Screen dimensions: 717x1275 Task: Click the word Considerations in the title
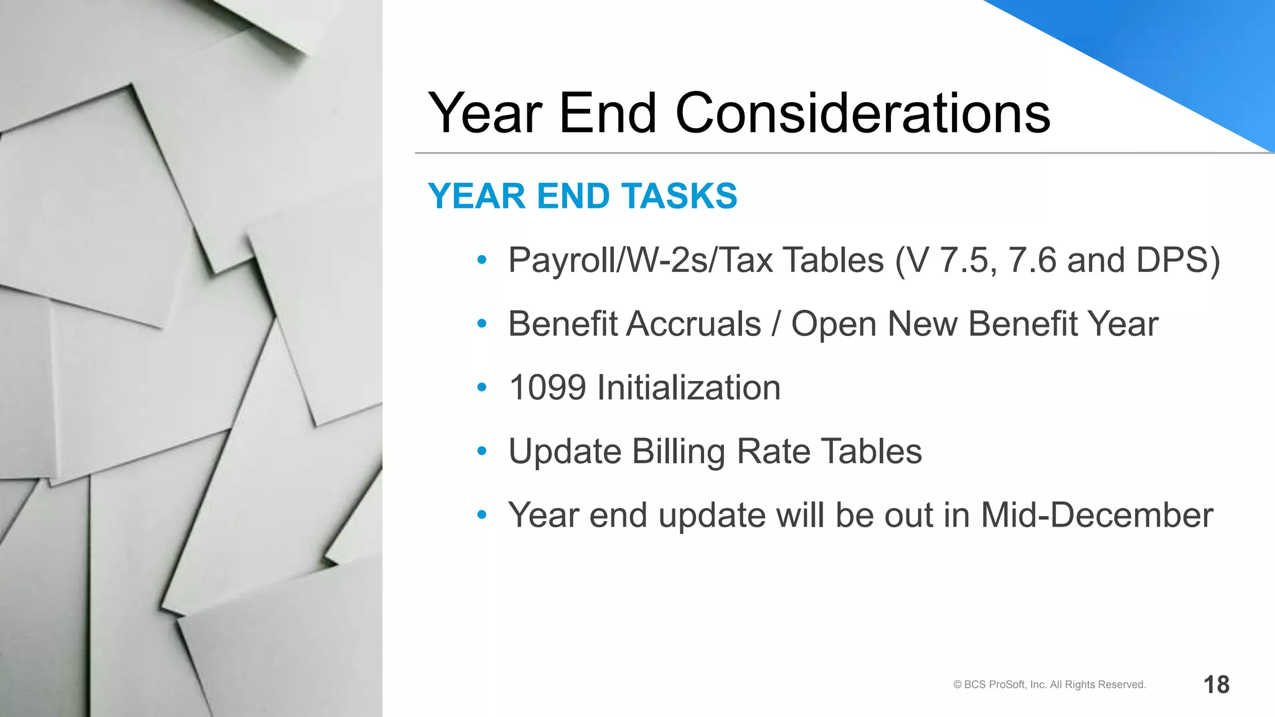[x=862, y=113]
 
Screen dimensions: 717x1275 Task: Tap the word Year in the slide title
[x=485, y=113]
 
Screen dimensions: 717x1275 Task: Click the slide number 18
[x=1216, y=685]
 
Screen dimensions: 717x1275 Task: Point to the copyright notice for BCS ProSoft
[x=1049, y=685]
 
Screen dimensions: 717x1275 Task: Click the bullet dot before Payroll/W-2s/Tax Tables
[x=481, y=260]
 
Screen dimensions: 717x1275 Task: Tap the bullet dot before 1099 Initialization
[x=481, y=388]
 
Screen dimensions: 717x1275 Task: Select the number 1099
[x=547, y=388]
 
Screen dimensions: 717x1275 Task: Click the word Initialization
[x=688, y=388]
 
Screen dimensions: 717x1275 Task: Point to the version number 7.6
[x=1032, y=260]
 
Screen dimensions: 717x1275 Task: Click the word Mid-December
[x=1096, y=515]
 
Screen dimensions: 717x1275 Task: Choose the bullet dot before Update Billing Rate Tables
[x=481, y=452]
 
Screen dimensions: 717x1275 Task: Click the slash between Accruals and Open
[x=776, y=324]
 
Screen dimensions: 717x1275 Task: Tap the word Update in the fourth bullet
[x=565, y=452]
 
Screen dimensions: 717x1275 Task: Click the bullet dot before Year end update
[x=481, y=515]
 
